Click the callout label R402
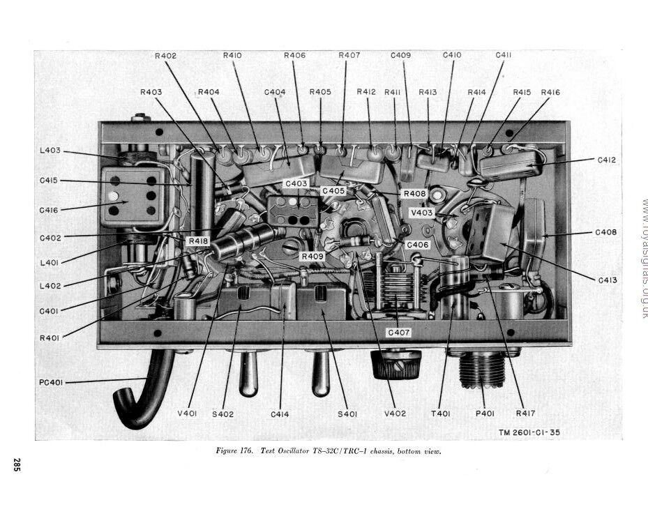click(x=165, y=55)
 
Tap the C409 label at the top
click(x=400, y=55)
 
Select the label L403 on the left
click(x=50, y=150)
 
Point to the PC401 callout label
click(x=52, y=381)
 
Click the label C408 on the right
click(x=605, y=232)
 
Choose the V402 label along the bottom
click(x=395, y=413)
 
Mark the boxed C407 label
click(x=398, y=333)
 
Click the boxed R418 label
click(x=198, y=241)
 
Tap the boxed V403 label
click(x=421, y=213)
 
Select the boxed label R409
click(x=312, y=257)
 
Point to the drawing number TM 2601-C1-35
click(x=529, y=432)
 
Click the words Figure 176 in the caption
click(x=236, y=450)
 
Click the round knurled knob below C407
click(x=396, y=364)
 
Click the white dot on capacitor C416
click(x=113, y=196)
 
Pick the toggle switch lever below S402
click(x=248, y=373)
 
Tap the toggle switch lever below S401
click(x=320, y=373)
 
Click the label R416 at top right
click(x=550, y=92)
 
